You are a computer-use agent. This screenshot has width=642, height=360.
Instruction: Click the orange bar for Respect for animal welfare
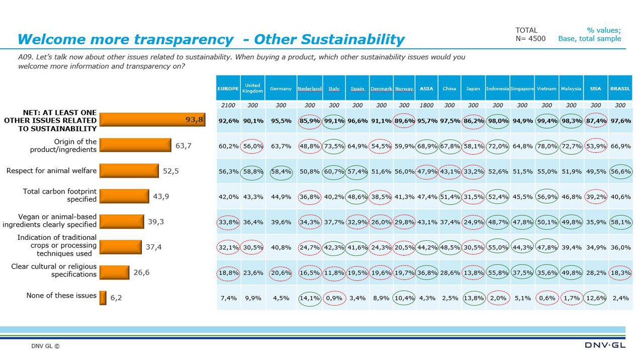click(x=129, y=171)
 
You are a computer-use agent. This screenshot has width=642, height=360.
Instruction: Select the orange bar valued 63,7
click(x=135, y=146)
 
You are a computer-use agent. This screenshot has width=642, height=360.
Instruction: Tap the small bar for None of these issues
click(x=103, y=298)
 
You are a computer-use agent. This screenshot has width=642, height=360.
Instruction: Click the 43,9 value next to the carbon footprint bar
click(x=161, y=197)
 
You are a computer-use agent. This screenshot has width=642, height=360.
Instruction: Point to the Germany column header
click(x=281, y=89)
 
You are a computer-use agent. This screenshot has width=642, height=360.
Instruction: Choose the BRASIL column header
click(x=620, y=89)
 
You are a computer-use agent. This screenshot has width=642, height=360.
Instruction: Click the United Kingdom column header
click(x=253, y=88)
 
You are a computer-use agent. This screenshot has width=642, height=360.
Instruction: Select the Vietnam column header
click(x=546, y=89)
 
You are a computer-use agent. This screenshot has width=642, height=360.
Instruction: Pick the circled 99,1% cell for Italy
click(x=334, y=121)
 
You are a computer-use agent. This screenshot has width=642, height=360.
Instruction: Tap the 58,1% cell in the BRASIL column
click(x=620, y=222)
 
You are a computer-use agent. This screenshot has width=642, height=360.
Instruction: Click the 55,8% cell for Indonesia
click(x=497, y=273)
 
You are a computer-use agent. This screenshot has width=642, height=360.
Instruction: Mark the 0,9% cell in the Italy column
click(x=334, y=298)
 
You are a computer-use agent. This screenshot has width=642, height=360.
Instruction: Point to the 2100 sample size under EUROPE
click(x=228, y=106)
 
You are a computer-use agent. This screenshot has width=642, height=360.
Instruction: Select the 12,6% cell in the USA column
click(x=595, y=298)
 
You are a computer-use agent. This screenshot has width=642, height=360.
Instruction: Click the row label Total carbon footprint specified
click(x=60, y=196)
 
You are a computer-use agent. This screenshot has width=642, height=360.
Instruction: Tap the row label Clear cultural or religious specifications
click(x=54, y=271)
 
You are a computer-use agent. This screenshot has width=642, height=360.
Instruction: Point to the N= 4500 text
click(x=530, y=39)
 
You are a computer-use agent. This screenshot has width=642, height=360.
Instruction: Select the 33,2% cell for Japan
click(x=473, y=171)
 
